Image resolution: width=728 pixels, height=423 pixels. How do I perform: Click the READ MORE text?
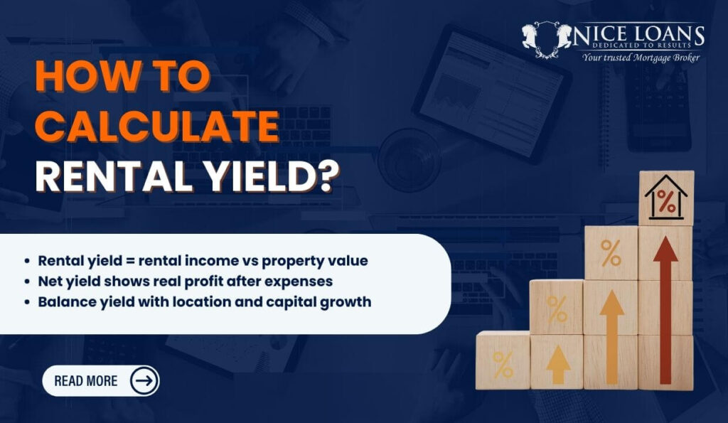click(86, 380)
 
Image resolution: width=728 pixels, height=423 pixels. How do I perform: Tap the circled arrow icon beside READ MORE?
click(144, 380)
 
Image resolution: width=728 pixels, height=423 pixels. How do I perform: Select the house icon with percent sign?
click(666, 199)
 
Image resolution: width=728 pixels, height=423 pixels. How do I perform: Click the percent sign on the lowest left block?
click(503, 363)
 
